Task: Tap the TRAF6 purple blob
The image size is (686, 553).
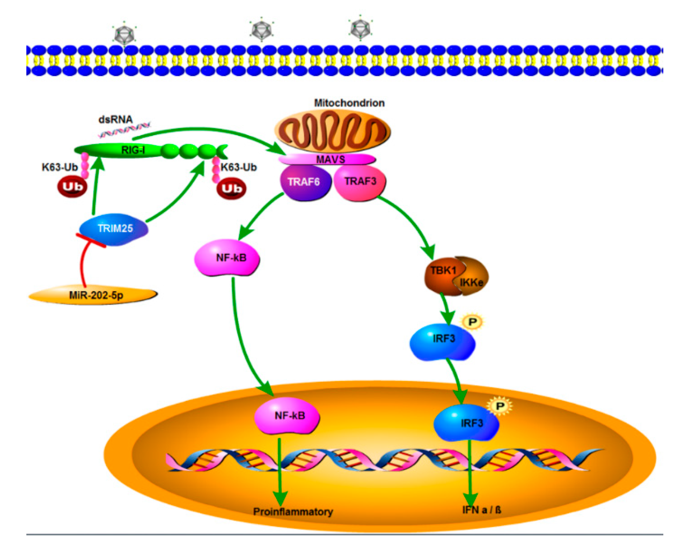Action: pyautogui.click(x=304, y=182)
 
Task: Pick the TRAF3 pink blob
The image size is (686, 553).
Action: pyautogui.click(x=360, y=182)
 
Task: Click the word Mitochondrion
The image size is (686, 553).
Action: pyautogui.click(x=349, y=103)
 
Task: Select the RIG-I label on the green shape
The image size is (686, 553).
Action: pyautogui.click(x=133, y=150)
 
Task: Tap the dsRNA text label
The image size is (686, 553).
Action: pyautogui.click(x=115, y=119)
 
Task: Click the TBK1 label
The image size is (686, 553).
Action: pyautogui.click(x=443, y=270)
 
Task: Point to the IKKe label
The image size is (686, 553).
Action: pyautogui.click(x=471, y=282)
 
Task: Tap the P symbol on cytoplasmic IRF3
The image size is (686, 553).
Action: pyautogui.click(x=472, y=322)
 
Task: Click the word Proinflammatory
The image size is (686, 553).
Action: pyautogui.click(x=293, y=512)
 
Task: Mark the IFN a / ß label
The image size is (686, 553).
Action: pyautogui.click(x=481, y=510)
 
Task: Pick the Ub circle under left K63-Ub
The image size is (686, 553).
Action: pyautogui.click(x=72, y=187)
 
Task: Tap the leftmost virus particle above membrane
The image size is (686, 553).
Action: pyautogui.click(x=124, y=34)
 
